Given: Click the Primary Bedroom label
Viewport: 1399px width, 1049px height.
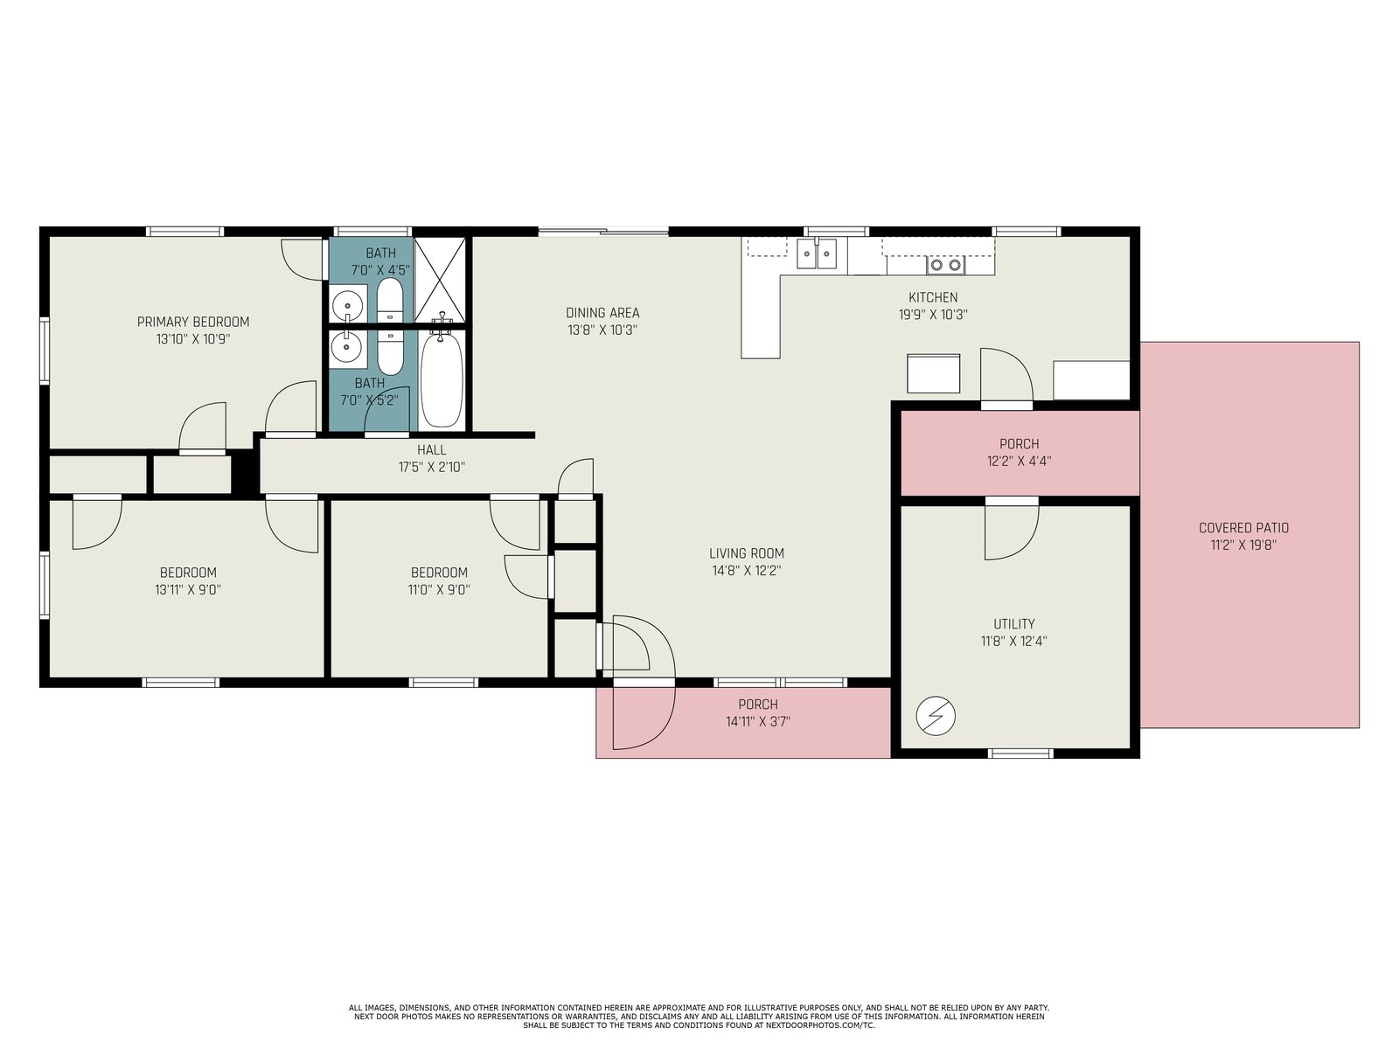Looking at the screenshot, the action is pyautogui.click(x=193, y=322).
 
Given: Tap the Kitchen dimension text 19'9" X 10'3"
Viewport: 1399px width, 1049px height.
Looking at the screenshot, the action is pyautogui.click(x=933, y=314).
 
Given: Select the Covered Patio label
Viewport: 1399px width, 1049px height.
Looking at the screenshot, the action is pyautogui.click(x=1243, y=527).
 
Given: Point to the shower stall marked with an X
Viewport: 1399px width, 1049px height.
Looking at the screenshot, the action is pyautogui.click(x=441, y=279).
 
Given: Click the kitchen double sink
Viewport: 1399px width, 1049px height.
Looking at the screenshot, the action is pyautogui.click(x=817, y=254).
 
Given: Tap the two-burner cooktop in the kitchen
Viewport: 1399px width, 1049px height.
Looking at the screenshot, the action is pyautogui.click(x=946, y=265).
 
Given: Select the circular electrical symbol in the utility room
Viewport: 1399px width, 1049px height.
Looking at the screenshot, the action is pyautogui.click(x=936, y=716).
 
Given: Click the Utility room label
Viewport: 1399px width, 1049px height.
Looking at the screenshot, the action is pyautogui.click(x=1014, y=623).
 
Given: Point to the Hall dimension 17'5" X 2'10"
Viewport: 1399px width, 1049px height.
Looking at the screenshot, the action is pyautogui.click(x=431, y=467).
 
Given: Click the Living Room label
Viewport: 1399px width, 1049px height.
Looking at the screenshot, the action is pyautogui.click(x=747, y=552).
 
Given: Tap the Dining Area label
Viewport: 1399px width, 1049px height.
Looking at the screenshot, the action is pyautogui.click(x=602, y=313).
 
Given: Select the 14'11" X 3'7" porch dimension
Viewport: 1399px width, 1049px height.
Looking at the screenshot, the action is pyautogui.click(x=758, y=722).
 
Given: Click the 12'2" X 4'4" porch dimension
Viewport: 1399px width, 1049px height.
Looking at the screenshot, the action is pyautogui.click(x=1020, y=461).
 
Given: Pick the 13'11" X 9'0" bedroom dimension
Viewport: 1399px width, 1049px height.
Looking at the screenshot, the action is pyautogui.click(x=188, y=589).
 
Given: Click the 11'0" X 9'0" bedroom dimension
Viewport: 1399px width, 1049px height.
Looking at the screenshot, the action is pyautogui.click(x=439, y=589).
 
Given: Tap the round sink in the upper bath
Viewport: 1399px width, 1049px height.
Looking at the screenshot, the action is pyautogui.click(x=348, y=305).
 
